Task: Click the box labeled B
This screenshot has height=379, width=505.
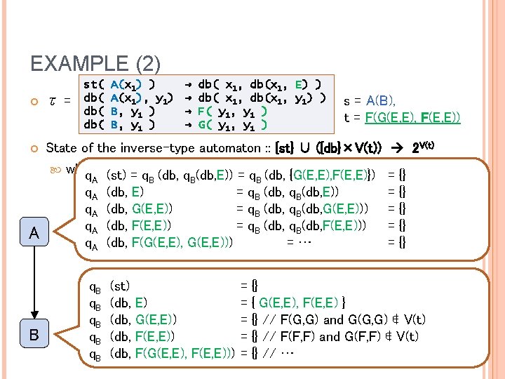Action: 34,335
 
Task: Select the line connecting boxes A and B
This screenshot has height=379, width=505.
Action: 34,284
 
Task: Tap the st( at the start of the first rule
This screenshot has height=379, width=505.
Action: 95,84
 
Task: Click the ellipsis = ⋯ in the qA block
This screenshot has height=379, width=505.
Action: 299,242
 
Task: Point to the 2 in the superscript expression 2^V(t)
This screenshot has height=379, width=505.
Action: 414,149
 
